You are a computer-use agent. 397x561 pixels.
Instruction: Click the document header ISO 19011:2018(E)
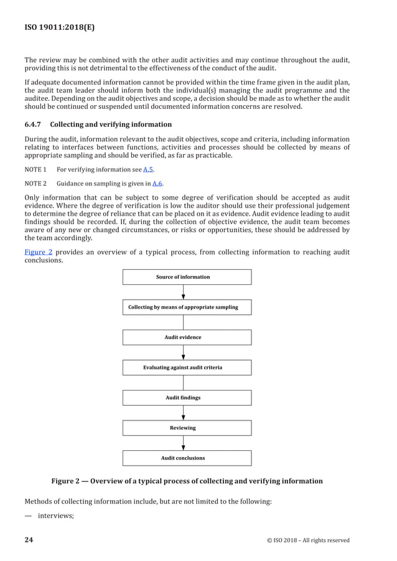(x=60, y=27)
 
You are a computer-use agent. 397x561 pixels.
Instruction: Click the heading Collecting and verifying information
(x=111, y=124)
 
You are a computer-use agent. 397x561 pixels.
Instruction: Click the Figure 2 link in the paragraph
(x=38, y=252)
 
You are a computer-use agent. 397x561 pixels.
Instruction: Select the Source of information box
(x=187, y=277)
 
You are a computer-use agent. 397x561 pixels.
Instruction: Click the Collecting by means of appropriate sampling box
(x=187, y=307)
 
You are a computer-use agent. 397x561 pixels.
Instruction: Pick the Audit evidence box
(x=187, y=337)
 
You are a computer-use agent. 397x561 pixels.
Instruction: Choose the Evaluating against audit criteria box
(x=187, y=368)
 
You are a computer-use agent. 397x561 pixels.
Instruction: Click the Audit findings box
(x=187, y=397)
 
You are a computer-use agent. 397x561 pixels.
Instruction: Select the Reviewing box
(x=187, y=428)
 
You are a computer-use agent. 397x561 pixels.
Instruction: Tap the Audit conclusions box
(x=187, y=458)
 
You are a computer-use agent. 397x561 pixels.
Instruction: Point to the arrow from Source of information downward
(x=183, y=292)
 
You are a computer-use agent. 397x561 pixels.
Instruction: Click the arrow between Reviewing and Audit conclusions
(x=183, y=443)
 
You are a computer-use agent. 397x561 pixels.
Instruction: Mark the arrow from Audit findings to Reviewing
(x=183, y=413)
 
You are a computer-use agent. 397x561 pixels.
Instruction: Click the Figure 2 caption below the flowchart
(x=187, y=481)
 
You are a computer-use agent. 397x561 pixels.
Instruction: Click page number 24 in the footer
(x=29, y=539)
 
